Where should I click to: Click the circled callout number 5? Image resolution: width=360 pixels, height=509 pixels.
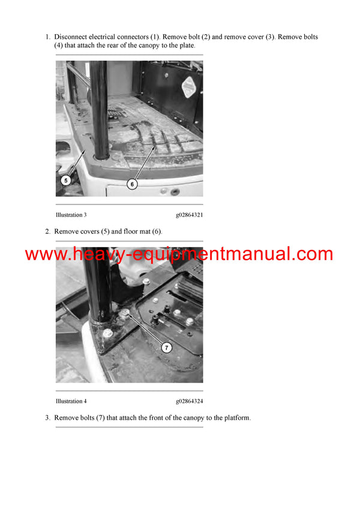[x=67, y=179]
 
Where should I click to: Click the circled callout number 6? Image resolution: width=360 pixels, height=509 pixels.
[x=132, y=184]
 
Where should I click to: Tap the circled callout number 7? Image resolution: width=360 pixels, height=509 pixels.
[x=167, y=347]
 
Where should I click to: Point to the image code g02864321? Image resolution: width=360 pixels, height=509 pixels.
[x=189, y=215]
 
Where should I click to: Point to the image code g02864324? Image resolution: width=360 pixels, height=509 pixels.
[x=189, y=401]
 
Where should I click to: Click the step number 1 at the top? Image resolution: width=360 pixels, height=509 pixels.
[x=48, y=37]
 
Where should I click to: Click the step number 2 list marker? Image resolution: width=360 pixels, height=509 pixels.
[x=48, y=231]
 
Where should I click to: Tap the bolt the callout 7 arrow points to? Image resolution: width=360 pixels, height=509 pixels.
[x=127, y=315]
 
